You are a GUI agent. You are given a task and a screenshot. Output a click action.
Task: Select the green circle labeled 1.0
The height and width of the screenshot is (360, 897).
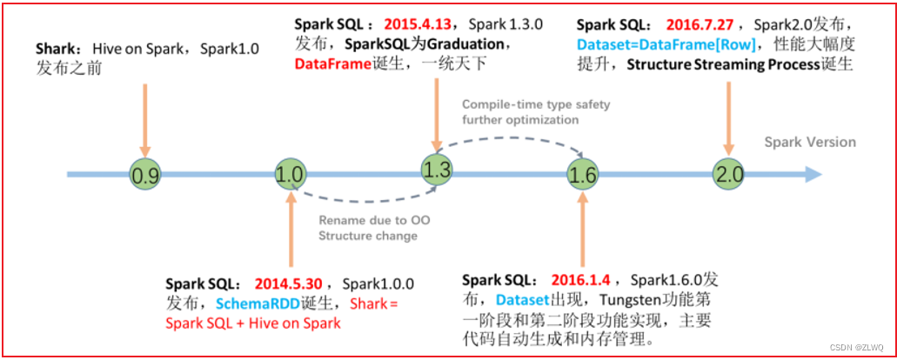pos(289,176)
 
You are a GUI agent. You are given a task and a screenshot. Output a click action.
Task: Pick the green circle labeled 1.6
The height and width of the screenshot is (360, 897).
pos(581,176)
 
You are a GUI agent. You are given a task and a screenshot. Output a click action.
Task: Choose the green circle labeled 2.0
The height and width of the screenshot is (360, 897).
pos(727,174)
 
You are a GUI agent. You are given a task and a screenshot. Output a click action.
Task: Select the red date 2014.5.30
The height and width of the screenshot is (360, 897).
pos(289,284)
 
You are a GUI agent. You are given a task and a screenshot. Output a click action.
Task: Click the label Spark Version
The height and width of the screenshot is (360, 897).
pos(810,142)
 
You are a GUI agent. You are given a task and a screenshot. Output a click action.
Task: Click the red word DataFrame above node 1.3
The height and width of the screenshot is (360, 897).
pos(330,65)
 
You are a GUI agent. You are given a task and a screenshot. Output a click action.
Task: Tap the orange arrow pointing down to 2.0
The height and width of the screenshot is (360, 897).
pos(727,117)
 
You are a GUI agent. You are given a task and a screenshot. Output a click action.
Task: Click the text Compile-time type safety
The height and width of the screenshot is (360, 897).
pos(536,105)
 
